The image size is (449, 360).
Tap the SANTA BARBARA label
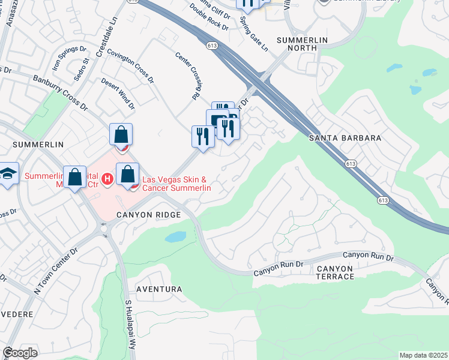click(x=345, y=138)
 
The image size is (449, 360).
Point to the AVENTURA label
click(x=159, y=289)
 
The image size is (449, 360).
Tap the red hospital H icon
click(x=107, y=178)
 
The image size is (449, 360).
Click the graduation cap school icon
click(x=7, y=175)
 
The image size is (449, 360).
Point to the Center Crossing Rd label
click(x=187, y=75)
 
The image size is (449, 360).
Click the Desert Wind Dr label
click(x=118, y=94)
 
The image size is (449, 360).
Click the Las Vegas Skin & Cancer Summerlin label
click(x=175, y=184)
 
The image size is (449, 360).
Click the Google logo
click(x=20, y=353)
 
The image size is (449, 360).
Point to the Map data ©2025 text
click(x=423, y=355)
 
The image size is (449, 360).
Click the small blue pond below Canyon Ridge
click(x=176, y=236)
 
